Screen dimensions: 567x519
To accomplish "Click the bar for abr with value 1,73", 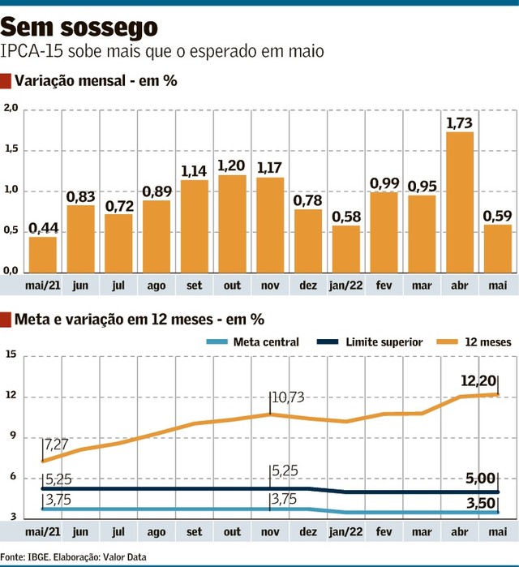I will pos(460,202).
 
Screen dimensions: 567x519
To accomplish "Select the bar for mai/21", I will pos(42,254).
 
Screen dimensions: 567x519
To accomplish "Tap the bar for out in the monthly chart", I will pos(232,223).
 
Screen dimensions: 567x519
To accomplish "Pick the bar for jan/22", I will pos(346,248).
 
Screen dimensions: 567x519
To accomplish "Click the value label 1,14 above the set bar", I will pos(195,171).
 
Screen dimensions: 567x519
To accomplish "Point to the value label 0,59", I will pos(497,216).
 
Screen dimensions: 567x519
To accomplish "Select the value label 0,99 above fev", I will pos(384,183).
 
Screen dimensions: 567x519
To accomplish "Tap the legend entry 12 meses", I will pos(488,342).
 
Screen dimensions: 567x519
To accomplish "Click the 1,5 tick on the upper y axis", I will pos(10,150).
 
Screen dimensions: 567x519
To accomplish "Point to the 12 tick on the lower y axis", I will pos(10,397).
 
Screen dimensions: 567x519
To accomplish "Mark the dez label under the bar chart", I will pos(308,286).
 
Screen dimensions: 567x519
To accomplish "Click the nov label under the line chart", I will pos(270,531).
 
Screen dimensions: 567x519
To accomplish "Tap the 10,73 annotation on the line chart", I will pos(290,398).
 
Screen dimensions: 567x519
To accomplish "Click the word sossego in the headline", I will pos(112,28).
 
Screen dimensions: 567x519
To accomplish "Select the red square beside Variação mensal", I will pos(6,80).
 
